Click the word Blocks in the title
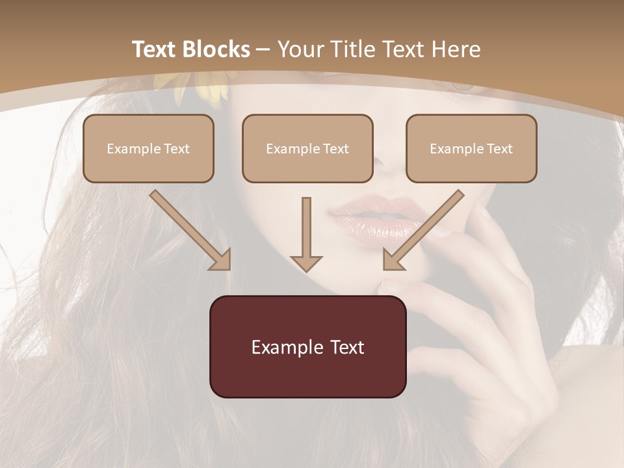coord(216,49)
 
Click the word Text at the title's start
coord(155,49)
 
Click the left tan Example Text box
coord(148,149)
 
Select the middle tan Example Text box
coord(307,149)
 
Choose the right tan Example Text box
coord(471,149)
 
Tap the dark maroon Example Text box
coord(307,346)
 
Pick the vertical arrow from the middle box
coord(306,231)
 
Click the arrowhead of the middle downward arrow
coord(306,263)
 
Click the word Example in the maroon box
coord(281,347)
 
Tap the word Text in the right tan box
coord(499,149)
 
